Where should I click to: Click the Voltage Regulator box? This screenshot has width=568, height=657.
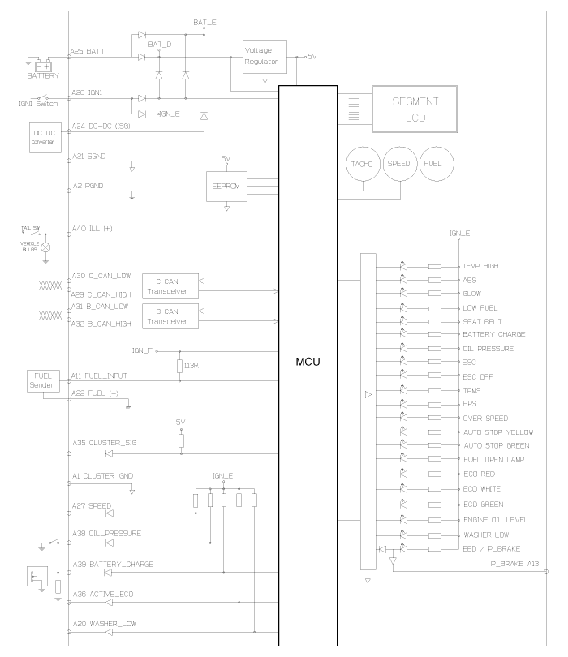click(x=265, y=56)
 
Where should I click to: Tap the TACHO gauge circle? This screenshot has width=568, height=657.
click(x=362, y=165)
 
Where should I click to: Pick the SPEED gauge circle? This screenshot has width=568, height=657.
click(x=399, y=165)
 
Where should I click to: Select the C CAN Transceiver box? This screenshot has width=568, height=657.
click(x=170, y=286)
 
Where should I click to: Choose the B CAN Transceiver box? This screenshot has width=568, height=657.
click(x=170, y=316)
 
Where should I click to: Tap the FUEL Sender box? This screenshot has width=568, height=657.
click(x=43, y=381)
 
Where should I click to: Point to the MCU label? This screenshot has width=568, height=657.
click(x=308, y=361)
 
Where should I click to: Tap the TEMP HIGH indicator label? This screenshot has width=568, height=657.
click(x=481, y=266)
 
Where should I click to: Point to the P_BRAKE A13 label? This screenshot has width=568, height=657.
click(x=514, y=562)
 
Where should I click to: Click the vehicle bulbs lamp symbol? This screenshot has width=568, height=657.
click(x=45, y=247)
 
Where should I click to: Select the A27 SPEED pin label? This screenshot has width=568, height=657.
click(x=92, y=506)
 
